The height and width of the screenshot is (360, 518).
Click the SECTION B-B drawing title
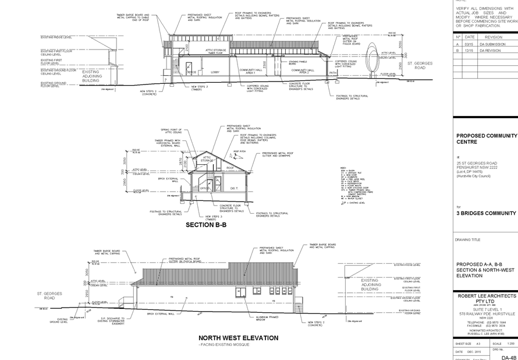click(205, 224)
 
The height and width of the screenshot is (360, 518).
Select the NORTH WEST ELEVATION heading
click(237, 338)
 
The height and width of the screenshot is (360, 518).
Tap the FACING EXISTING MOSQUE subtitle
click(225, 345)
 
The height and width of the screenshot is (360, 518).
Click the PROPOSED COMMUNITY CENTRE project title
click(486, 138)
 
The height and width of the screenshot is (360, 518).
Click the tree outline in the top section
click(371, 62)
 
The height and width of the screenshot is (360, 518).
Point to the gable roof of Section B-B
click(213, 158)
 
